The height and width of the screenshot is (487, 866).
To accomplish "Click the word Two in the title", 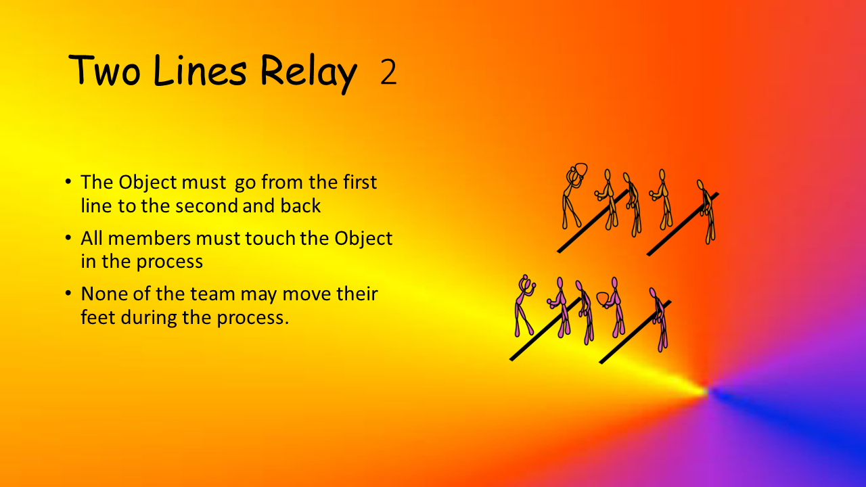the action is tap(104, 70).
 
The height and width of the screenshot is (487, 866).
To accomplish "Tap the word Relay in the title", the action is tap(309, 74).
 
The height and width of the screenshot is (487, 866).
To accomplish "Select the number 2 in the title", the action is tap(388, 72).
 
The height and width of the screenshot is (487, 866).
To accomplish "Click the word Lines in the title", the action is tap(200, 70).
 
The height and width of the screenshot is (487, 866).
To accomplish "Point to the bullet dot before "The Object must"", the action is tap(68, 182).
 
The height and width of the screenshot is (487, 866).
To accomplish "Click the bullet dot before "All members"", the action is tap(68, 237).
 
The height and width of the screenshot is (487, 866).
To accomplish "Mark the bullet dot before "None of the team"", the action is tap(68, 294).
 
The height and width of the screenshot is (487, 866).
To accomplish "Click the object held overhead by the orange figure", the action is tap(580, 170).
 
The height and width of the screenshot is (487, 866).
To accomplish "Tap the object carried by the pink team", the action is tap(603, 299).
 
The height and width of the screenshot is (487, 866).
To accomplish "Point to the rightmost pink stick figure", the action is tap(659, 320).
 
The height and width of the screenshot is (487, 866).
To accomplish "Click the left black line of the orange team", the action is tap(592, 221).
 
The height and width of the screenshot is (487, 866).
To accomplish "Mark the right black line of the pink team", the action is tap(635, 332).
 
